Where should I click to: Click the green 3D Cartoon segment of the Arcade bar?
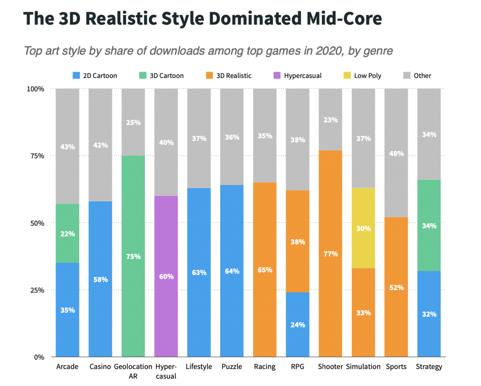click(x=67, y=233)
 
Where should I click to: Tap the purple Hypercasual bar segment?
click(x=166, y=276)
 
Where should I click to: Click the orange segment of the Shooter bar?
click(x=330, y=254)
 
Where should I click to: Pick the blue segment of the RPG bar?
click(x=297, y=324)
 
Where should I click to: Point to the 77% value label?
click(x=330, y=254)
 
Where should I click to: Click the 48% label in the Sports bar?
click(x=396, y=153)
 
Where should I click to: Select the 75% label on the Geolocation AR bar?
click(x=133, y=257)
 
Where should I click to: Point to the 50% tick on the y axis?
click(x=36, y=223)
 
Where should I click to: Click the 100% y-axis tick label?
click(x=35, y=89)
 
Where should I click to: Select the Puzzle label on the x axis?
click(x=232, y=367)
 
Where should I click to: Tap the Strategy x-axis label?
click(x=429, y=367)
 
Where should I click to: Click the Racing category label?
click(x=264, y=367)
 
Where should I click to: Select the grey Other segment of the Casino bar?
click(x=100, y=145)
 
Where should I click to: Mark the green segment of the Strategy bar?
click(x=429, y=226)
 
